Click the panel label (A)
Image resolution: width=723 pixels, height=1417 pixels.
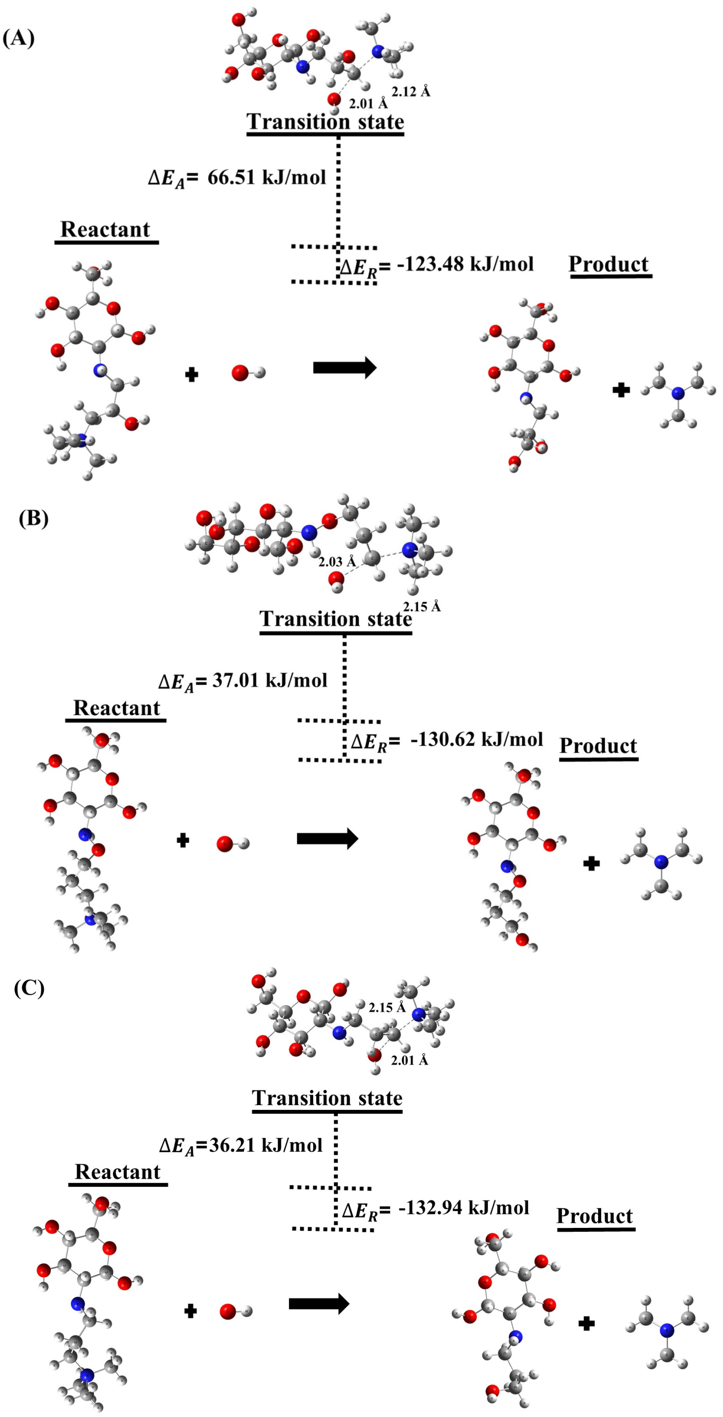click(19, 39)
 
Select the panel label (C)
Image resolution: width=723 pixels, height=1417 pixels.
click(29, 988)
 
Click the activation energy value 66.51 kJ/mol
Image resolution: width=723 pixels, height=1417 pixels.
click(267, 177)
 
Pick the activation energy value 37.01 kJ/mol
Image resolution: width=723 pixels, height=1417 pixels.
click(269, 680)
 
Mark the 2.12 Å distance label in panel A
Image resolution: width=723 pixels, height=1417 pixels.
click(411, 91)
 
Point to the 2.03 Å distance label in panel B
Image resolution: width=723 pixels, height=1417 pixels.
click(337, 562)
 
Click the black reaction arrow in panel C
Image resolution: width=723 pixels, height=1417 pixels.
click(319, 1303)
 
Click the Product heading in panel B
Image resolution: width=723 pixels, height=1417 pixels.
click(598, 746)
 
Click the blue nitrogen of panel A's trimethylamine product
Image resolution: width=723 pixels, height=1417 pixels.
click(678, 393)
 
